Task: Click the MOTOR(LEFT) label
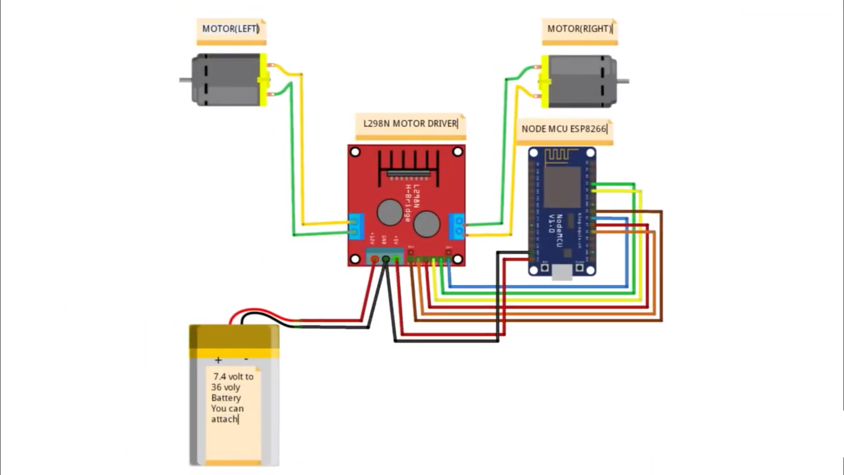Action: click(231, 28)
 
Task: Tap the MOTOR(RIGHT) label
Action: click(579, 28)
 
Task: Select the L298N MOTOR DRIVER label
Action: click(410, 123)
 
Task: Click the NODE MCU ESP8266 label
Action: click(563, 129)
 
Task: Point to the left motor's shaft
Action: click(185, 80)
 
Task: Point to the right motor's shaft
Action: click(623, 81)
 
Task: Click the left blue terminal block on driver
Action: click(357, 226)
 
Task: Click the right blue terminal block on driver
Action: click(457, 226)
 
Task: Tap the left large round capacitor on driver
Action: click(390, 212)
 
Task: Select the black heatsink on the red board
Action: click(408, 166)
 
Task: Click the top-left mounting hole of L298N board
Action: click(355, 152)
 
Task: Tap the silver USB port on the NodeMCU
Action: click(562, 272)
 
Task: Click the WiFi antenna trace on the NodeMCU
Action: click(561, 155)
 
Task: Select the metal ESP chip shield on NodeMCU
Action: click(562, 187)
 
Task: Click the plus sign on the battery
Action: click(218, 360)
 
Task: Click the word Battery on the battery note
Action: click(226, 398)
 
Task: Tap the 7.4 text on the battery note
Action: click(219, 376)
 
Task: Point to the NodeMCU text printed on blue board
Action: click(559, 231)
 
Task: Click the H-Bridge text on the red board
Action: click(408, 203)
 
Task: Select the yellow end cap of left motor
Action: click(263, 80)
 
